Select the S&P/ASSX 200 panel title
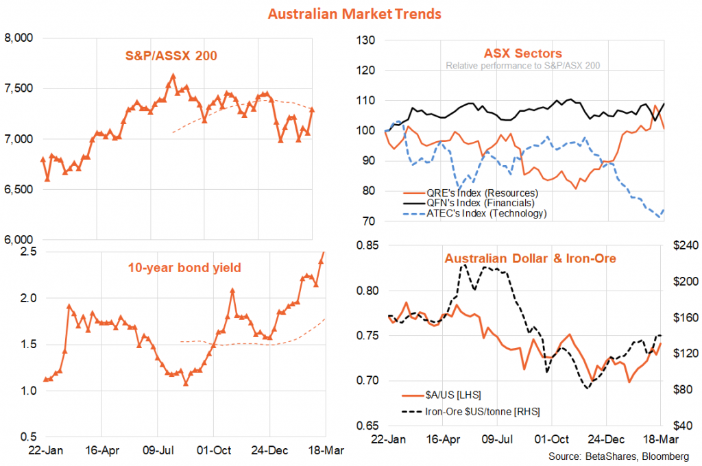pyautogui.click(x=171, y=56)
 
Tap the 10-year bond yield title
pyautogui.click(x=184, y=267)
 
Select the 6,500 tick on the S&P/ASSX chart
pyautogui.click(x=19, y=189)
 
